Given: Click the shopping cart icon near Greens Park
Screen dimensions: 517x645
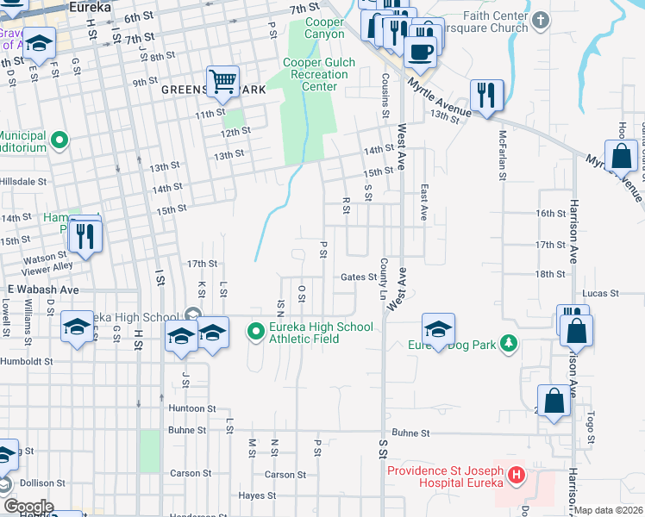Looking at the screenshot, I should (x=223, y=83).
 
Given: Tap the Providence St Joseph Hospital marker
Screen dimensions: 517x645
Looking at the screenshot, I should (x=516, y=475).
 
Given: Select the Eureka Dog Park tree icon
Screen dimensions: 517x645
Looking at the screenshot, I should (x=510, y=345).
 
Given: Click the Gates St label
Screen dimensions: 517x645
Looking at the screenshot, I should (x=359, y=277).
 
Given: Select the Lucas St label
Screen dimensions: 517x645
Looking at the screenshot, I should (x=601, y=294).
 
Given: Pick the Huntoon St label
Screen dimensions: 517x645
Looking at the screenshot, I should (x=191, y=408).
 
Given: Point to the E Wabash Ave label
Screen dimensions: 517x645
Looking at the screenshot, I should (x=43, y=290).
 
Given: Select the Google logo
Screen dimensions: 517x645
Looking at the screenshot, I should (x=28, y=507).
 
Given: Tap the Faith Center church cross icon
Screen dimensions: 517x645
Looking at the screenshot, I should (x=541, y=19).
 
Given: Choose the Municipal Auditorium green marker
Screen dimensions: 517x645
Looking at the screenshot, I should (x=59, y=139).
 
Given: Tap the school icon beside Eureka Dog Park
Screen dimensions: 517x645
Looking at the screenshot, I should (x=438, y=328).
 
